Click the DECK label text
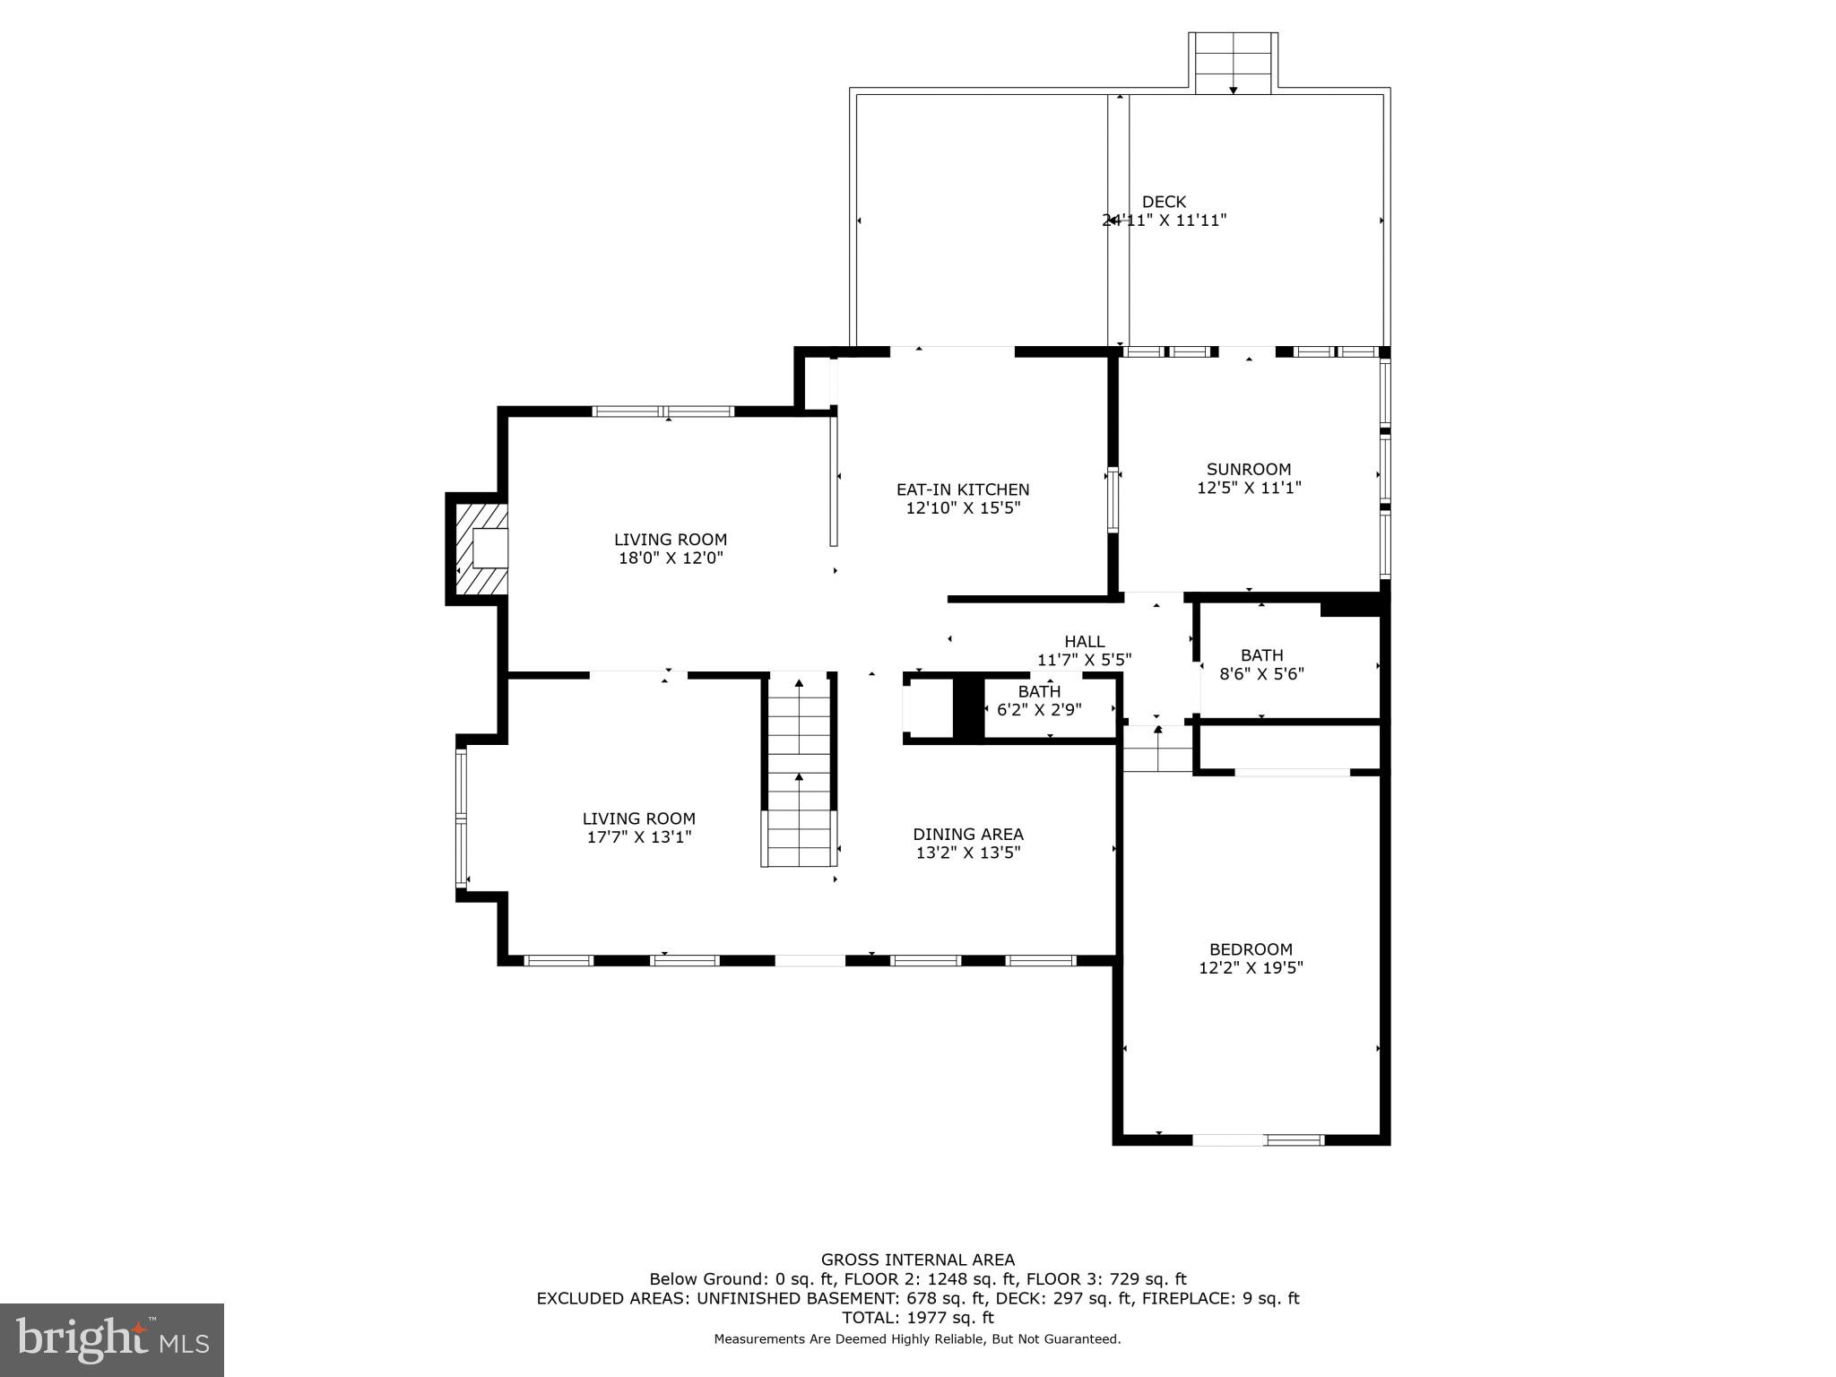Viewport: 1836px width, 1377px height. [1163, 202]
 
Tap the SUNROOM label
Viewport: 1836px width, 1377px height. [1248, 469]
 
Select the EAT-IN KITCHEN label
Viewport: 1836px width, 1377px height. [963, 489]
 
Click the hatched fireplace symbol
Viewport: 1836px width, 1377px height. [481, 549]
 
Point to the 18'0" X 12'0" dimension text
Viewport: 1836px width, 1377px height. [670, 558]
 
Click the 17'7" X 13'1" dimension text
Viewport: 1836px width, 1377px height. [638, 837]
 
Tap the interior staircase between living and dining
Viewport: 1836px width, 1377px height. [799, 771]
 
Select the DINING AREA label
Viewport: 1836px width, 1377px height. [967, 834]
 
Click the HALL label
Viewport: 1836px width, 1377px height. [1084, 641]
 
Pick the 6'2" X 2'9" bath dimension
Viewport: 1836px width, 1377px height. [1039, 709]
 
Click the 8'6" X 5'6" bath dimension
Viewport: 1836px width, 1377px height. [1261, 673]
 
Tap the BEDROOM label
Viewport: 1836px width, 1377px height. [1251, 949]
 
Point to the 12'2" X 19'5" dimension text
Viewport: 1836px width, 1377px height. [1251, 968]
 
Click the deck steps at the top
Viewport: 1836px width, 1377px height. [1233, 63]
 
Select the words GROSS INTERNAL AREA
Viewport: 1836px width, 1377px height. [917, 1260]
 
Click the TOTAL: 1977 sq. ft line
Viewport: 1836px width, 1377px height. [917, 1318]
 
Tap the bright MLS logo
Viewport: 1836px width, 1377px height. [111, 1339]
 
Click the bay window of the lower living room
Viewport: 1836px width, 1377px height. [461, 818]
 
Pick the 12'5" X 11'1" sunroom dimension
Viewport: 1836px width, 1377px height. [1248, 488]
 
